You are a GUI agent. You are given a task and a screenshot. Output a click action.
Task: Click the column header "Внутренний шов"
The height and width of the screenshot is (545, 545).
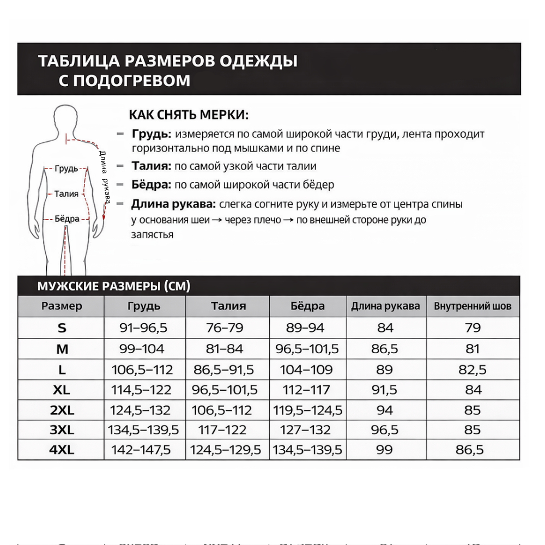tap(473, 306)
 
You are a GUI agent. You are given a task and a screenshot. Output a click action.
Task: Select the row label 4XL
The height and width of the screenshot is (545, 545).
tap(62, 450)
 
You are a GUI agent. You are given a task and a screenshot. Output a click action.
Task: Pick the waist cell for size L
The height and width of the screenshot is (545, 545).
tap(223, 370)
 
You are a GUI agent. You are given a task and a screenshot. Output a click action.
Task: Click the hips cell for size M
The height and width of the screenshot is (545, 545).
tap(307, 349)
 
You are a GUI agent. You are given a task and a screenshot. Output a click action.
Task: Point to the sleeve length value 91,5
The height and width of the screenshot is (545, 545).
tap(385, 390)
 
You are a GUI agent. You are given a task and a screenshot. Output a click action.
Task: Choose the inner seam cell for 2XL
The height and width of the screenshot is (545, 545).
tap(473, 410)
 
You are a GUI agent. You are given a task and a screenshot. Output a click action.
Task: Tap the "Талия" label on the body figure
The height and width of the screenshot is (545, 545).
tap(66, 193)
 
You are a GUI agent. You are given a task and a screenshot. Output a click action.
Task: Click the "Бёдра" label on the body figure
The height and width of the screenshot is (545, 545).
tap(67, 219)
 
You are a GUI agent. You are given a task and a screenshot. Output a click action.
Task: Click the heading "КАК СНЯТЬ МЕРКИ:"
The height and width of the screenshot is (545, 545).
tap(189, 116)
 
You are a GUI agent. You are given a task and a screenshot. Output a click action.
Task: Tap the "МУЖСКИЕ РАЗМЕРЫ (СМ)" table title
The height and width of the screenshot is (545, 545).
tap(113, 286)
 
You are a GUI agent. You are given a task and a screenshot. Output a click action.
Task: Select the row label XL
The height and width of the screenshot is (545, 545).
tap(62, 390)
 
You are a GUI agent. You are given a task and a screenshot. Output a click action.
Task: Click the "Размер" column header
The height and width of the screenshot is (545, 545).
tap(62, 306)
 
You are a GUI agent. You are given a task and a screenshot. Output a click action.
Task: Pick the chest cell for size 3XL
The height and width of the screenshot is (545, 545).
tap(143, 430)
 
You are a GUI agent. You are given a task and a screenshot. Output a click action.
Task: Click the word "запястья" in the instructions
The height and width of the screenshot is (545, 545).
tap(152, 235)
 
